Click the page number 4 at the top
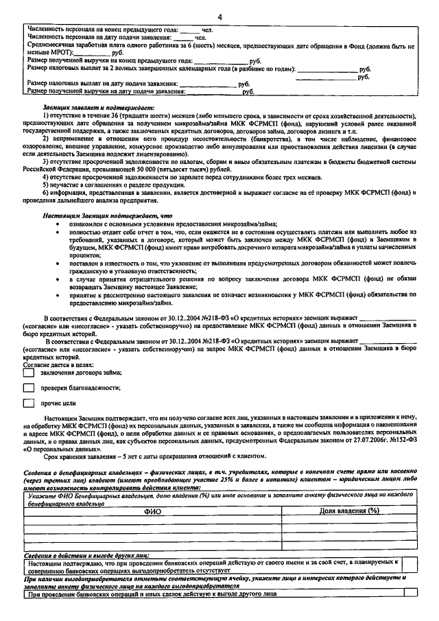(x=219, y=15)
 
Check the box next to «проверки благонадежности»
(x=29, y=388)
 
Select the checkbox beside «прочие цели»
(x=29, y=403)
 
